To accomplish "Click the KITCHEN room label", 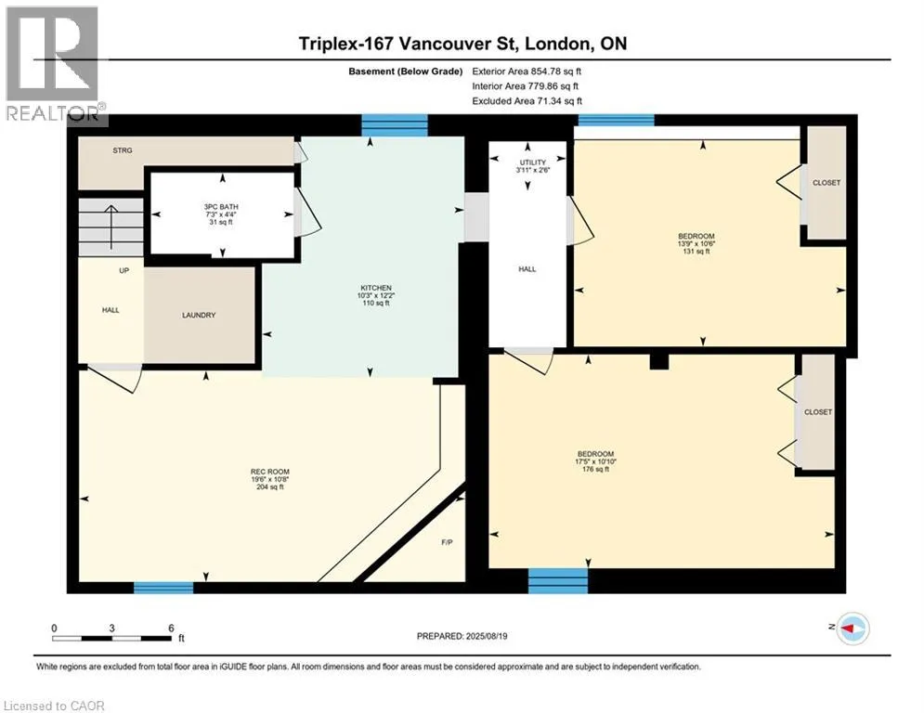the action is [376, 288].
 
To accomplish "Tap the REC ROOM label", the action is [270, 472].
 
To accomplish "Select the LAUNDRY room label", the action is [199, 316].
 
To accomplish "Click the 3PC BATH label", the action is [221, 207].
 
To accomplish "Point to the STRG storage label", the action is [123, 150].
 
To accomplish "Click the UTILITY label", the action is [533, 162].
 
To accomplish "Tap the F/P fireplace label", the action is [448, 542].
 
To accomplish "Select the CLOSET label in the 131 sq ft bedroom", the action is [826, 183].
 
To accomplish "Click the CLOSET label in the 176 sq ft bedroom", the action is [818, 412].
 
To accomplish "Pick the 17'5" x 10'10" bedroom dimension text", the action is [596, 461].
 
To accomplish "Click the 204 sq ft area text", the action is [270, 486].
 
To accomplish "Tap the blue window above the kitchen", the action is [395, 125].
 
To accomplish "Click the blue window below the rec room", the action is [163, 588].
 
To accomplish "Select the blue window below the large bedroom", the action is [558, 580].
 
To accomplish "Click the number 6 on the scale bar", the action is [172, 629].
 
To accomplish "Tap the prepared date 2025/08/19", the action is [487, 636].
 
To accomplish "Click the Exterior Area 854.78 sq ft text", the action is [527, 71].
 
